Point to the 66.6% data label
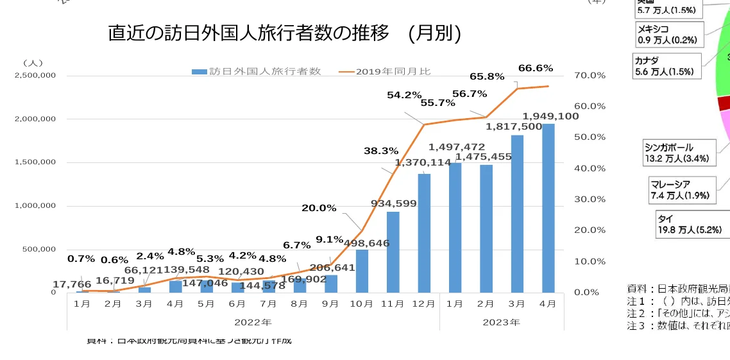pyautogui.click(x=535, y=68)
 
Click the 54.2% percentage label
pyautogui.click(x=404, y=95)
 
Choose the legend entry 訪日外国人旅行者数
pyautogui.click(x=257, y=71)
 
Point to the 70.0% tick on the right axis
pyautogui.click(x=590, y=76)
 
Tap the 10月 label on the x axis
pyautogui.click(x=362, y=303)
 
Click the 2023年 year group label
pyautogui.click(x=502, y=322)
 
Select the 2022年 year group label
pyautogui.click(x=253, y=322)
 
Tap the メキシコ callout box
pyautogui.click(x=667, y=35)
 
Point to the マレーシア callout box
pyautogui.click(x=680, y=189)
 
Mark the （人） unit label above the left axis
pyautogui.click(x=33, y=63)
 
